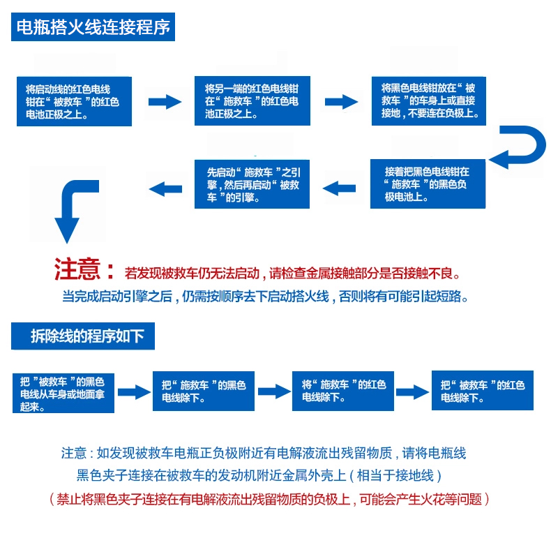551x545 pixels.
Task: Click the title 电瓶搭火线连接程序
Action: coord(93,29)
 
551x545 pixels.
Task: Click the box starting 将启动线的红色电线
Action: coord(74,101)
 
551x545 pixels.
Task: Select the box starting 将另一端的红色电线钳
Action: coord(252,100)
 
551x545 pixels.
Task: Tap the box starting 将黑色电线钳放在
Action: coord(428,100)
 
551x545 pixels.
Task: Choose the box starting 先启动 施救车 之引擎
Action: coord(252,184)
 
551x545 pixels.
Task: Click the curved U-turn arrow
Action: coord(519,147)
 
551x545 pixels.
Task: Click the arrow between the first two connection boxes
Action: coord(165,102)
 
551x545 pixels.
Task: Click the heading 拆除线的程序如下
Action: coord(83,336)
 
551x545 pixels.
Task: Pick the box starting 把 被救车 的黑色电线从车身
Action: coord(63,392)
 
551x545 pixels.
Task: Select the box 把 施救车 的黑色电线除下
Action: coord(204,391)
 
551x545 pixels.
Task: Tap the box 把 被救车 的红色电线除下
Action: coord(483,391)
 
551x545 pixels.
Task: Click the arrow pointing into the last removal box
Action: coord(413,391)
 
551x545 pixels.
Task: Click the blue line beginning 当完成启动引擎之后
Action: coord(265,296)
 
